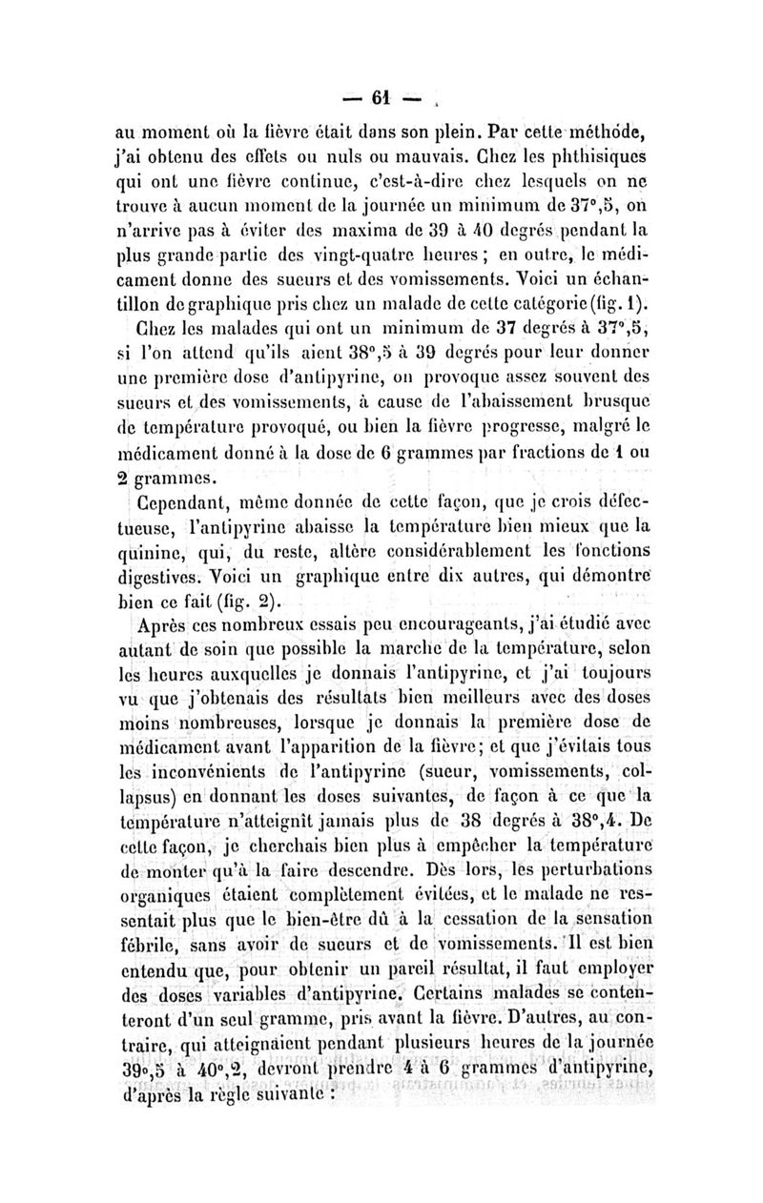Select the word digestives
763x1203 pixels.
click(177, 575)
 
